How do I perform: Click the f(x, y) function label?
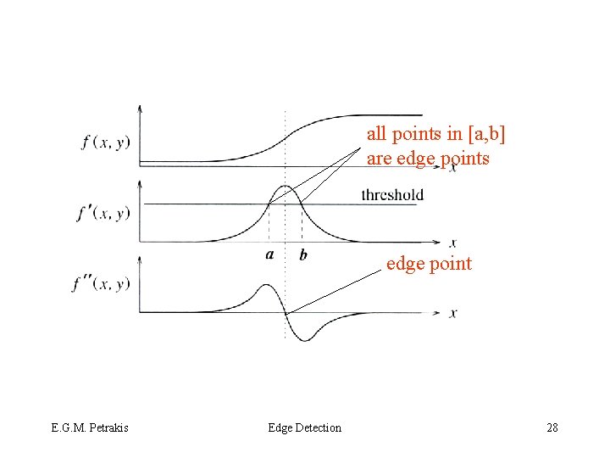106,142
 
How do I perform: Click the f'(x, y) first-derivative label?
103,212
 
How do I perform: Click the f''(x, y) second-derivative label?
101,282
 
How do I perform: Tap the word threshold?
392,195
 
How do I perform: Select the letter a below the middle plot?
269,254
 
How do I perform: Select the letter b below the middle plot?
303,255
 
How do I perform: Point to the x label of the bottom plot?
454,313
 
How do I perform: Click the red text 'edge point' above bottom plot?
429,264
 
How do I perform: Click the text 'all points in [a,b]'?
441,133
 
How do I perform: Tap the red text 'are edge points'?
428,158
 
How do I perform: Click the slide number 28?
552,427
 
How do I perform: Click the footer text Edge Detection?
304,427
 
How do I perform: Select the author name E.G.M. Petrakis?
89,427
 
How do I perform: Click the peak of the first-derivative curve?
286,186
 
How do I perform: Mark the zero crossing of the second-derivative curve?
286,313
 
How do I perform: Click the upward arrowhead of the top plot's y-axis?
140,108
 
